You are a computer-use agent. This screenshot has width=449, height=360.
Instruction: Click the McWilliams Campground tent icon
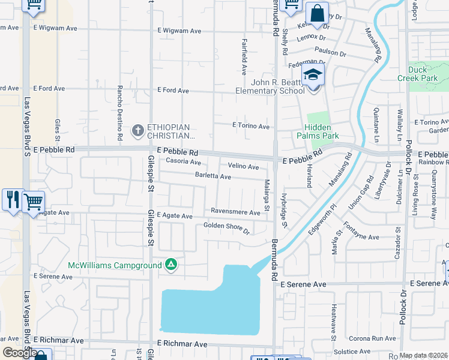click(x=171, y=265)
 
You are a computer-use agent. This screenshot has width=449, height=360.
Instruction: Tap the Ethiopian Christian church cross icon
click(x=138, y=130)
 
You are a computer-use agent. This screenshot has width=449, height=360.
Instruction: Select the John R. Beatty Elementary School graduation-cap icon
click(x=313, y=75)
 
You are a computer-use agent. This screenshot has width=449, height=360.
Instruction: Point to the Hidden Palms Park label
click(x=321, y=131)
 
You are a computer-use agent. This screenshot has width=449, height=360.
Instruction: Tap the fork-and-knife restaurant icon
click(x=11, y=199)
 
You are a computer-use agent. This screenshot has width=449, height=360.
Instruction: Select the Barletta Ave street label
click(x=213, y=176)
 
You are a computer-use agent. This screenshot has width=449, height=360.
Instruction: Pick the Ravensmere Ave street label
click(x=235, y=211)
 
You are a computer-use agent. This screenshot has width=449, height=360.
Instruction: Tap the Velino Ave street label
click(x=243, y=166)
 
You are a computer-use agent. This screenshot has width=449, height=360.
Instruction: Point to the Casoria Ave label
click(x=183, y=161)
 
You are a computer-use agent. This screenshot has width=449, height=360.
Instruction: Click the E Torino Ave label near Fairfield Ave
click(x=251, y=126)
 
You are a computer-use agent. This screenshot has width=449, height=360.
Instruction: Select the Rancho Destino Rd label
click(x=120, y=112)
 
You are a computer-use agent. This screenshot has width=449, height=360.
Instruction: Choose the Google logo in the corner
click(x=20, y=353)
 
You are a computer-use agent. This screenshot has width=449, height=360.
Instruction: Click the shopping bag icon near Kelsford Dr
click(x=316, y=13)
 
